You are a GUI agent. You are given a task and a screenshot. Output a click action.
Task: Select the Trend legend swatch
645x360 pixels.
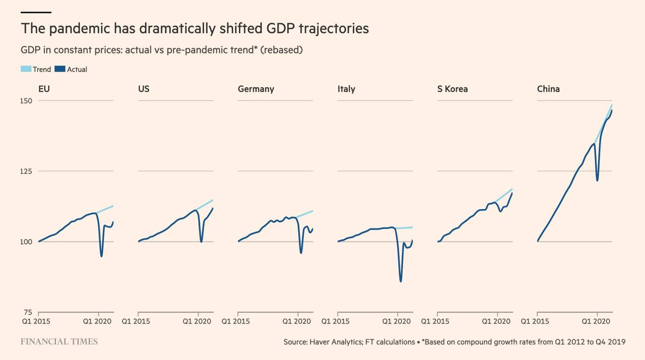(26, 69)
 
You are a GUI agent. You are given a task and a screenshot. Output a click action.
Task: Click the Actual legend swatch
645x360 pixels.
(60, 69)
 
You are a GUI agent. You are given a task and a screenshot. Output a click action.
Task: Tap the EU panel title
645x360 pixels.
(44, 89)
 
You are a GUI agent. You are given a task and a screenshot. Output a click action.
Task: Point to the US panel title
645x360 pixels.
(144, 89)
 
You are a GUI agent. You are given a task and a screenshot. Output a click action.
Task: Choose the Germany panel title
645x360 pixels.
(256, 89)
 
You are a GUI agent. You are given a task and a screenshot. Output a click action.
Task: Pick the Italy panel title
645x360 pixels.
(346, 89)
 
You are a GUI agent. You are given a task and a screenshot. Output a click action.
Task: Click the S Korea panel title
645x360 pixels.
(453, 89)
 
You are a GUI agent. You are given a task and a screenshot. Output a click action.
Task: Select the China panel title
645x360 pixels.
(548, 89)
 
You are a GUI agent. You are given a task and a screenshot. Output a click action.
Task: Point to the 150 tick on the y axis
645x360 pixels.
(26, 101)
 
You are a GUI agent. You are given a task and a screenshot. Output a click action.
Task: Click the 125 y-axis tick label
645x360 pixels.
(26, 171)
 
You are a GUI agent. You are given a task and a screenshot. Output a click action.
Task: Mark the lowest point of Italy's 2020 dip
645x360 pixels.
(401, 281)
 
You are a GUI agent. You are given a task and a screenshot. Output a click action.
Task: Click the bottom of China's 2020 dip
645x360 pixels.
(597, 181)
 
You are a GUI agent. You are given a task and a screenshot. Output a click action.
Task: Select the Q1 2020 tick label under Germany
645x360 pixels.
(296, 321)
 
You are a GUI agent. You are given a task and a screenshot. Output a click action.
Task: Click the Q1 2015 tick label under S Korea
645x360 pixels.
(435, 321)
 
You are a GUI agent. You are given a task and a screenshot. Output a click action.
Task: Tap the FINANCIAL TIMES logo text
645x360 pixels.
(59, 342)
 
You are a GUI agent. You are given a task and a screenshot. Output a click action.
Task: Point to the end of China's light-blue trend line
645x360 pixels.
(612, 105)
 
